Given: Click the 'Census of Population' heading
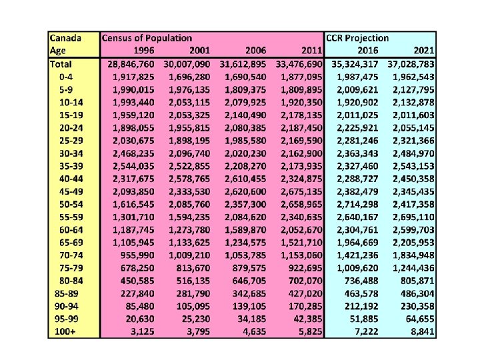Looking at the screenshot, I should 147,39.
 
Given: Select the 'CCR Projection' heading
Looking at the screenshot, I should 357,39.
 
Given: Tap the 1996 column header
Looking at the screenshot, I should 141,51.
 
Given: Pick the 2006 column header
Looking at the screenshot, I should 255,51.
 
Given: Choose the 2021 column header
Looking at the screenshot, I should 422,51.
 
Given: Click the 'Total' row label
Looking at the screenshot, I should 61,64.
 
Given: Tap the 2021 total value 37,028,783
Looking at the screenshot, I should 407,64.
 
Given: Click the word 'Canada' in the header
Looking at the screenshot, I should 66,39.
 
